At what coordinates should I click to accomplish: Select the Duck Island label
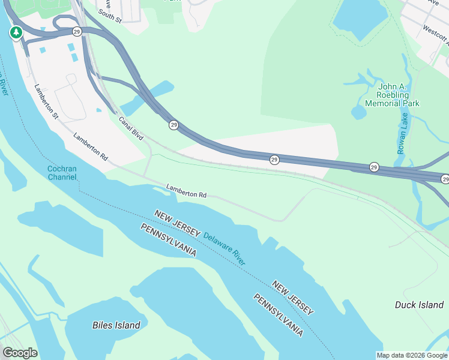[419, 305]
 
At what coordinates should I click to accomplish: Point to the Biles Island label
[116, 325]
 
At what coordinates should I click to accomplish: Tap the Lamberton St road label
[46, 101]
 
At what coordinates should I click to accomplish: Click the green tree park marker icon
[16, 32]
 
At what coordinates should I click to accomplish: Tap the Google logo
[20, 352]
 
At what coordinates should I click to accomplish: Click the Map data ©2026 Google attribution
[412, 355]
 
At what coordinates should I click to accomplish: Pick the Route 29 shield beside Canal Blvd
[173, 125]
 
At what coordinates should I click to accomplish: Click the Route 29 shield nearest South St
[76, 31]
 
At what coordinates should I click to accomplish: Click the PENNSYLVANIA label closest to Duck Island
[277, 315]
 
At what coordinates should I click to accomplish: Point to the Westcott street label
[435, 35]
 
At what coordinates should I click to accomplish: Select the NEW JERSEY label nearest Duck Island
[292, 298]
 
